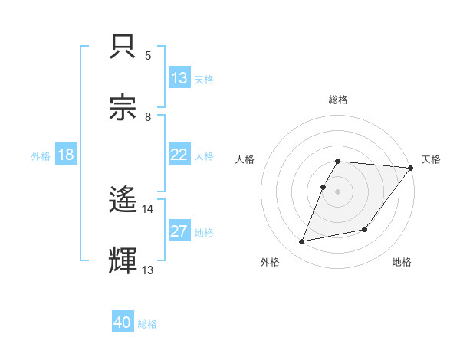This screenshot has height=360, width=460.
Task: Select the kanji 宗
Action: tap(124, 107)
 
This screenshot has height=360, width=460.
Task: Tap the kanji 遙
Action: tap(124, 201)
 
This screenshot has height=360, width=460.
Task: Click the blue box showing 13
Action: tap(179, 78)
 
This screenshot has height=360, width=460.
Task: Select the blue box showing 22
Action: tap(179, 155)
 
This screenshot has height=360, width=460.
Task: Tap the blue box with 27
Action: tap(179, 231)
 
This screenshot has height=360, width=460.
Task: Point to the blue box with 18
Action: tap(66, 155)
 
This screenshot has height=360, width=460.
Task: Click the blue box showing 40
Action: tap(123, 322)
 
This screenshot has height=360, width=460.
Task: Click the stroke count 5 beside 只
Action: tap(147, 56)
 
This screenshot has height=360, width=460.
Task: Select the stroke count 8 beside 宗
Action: tap(147, 116)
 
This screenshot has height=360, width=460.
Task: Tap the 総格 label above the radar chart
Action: tap(338, 100)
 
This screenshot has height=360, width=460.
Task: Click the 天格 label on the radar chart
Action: tap(431, 159)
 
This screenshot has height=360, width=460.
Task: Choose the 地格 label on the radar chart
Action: tap(402, 262)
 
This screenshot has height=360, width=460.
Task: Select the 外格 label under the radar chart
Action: tap(270, 262)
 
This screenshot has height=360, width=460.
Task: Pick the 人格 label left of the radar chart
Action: tap(245, 159)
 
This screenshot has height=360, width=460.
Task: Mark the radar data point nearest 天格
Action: tap(411, 168)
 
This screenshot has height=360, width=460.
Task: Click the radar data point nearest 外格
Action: tap(302, 242)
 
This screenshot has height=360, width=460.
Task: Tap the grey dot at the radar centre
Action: tap(338, 191)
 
